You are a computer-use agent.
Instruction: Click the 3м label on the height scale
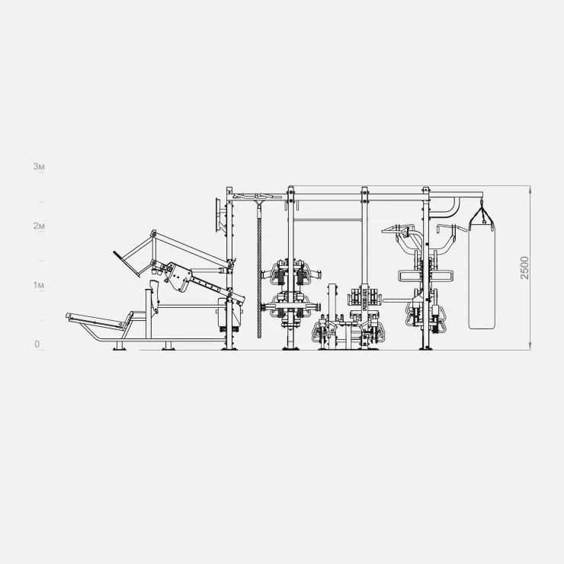(39, 167)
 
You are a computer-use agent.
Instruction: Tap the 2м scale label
(39, 226)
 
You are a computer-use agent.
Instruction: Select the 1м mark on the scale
(39, 285)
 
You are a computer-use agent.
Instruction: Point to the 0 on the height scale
(37, 344)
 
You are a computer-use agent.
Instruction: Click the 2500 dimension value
(525, 268)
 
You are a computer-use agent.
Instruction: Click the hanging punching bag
(482, 276)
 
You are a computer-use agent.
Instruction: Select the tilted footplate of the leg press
(126, 264)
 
